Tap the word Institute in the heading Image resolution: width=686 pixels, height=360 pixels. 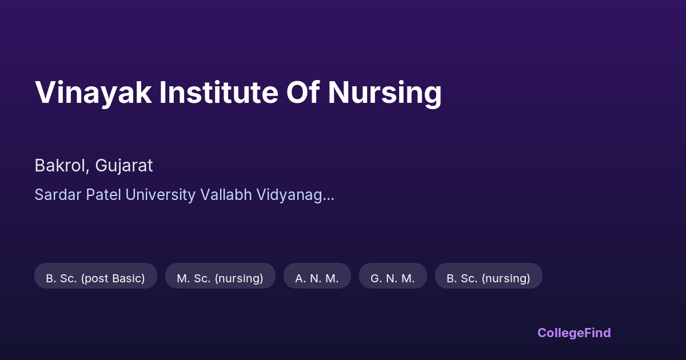218,92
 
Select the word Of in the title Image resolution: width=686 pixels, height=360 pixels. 303,92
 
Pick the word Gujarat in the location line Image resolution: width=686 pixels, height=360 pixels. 124,166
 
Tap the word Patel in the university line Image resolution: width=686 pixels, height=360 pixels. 103,195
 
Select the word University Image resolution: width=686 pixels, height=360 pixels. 161,195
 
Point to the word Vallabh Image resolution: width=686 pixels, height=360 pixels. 226,195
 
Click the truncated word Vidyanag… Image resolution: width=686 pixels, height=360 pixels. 295,195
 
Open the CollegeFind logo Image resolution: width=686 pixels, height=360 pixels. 574,333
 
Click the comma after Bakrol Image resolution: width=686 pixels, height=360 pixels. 87,171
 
